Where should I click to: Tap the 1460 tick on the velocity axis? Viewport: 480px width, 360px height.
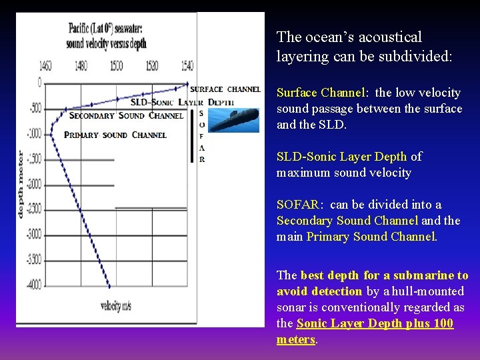[45, 67]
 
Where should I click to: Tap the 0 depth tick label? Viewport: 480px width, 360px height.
[39, 83]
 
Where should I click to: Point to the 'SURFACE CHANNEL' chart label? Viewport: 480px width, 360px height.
[225, 89]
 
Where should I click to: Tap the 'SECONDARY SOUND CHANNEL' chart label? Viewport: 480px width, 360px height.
[126, 115]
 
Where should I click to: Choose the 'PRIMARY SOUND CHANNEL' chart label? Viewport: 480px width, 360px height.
[115, 135]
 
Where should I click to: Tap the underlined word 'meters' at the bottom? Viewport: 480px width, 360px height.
[295, 339]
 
